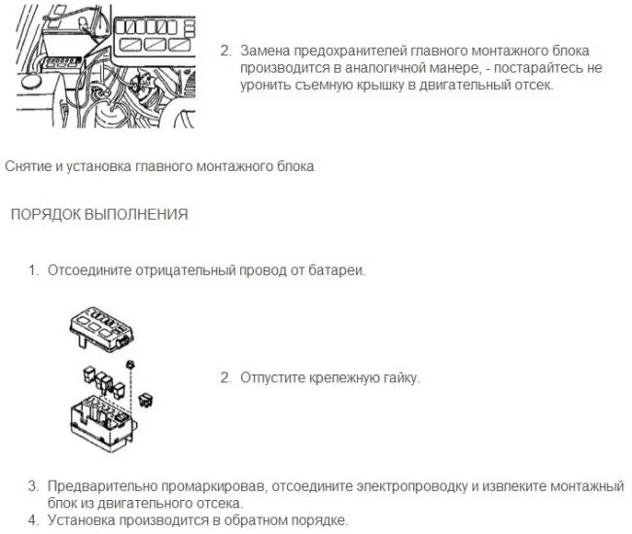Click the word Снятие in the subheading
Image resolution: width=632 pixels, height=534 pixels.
pyautogui.click(x=28, y=166)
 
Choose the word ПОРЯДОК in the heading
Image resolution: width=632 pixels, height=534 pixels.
pyautogui.click(x=46, y=215)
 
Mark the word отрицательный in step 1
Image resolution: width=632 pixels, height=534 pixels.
pyautogui.click(x=185, y=270)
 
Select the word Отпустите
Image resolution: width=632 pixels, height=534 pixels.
pyautogui.click(x=273, y=378)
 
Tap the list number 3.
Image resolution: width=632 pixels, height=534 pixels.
pyautogui.click(x=33, y=486)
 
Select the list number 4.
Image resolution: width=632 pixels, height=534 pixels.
pyautogui.click(x=33, y=519)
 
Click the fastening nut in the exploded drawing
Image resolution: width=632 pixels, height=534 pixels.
pyautogui.click(x=130, y=365)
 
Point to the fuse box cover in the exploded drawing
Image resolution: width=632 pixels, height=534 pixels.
pyautogui.click(x=101, y=329)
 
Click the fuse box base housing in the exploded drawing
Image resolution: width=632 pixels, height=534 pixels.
pyautogui.click(x=103, y=424)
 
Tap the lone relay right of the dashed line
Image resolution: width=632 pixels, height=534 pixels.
pyautogui.click(x=147, y=399)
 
